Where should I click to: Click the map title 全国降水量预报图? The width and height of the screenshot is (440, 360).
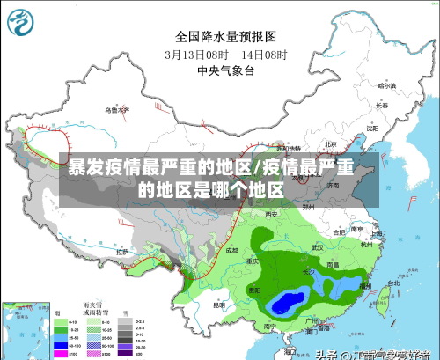(x=225, y=37)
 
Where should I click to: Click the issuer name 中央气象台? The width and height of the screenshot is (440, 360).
(x=225, y=69)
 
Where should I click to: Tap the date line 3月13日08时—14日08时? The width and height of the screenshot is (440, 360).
(x=225, y=53)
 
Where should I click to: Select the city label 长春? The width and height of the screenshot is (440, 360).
(x=381, y=106)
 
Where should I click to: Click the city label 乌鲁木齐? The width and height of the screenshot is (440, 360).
(x=116, y=110)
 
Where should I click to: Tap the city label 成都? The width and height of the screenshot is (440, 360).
(x=231, y=250)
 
